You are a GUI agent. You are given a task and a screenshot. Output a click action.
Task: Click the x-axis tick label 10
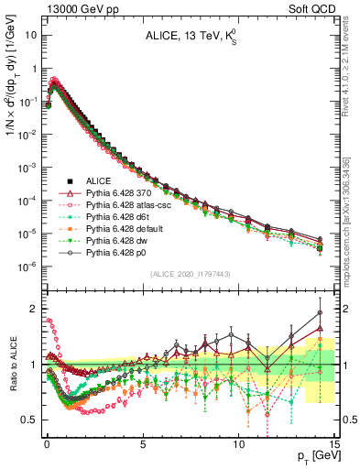[x=239, y=440]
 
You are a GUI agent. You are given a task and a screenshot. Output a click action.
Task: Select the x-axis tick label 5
[x=143, y=440]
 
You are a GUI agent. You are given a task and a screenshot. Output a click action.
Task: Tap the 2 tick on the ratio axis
[x=33, y=308]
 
